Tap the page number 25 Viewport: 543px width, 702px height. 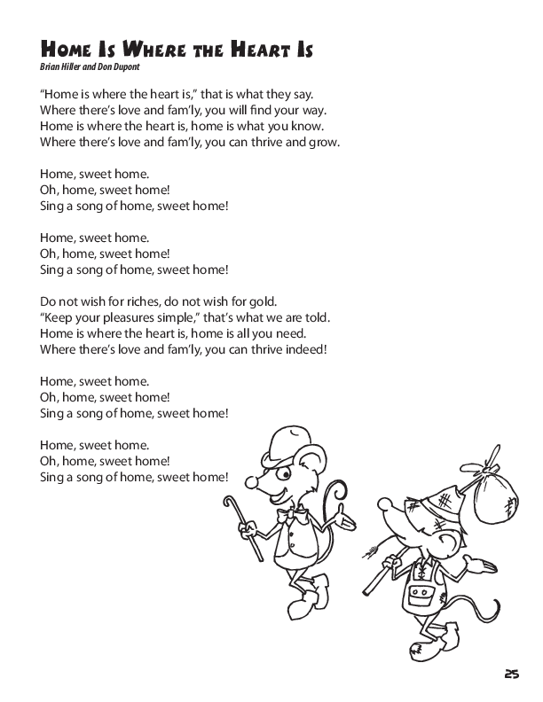(511, 675)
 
